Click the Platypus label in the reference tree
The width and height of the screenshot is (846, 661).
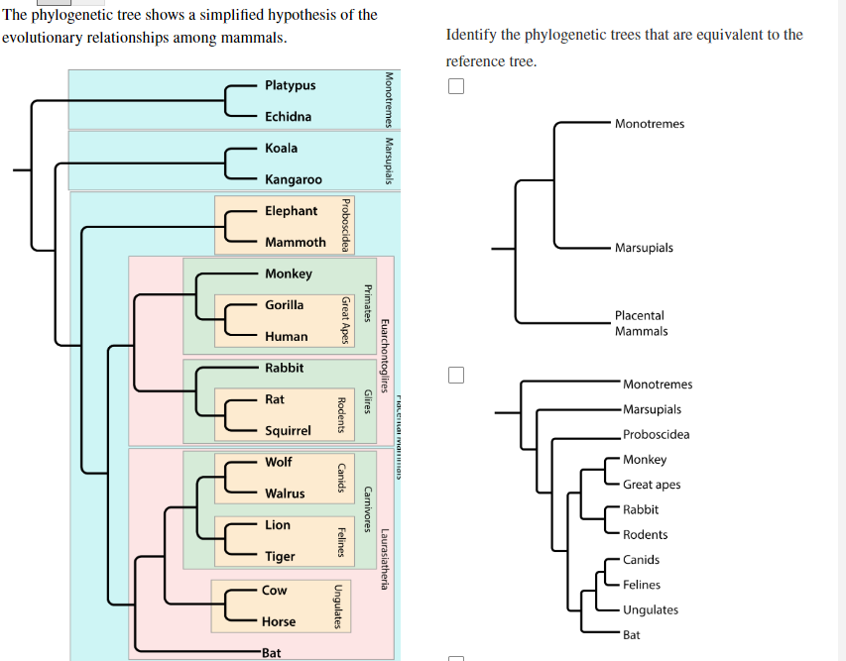[290, 85]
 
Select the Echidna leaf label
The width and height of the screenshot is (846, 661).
[288, 117]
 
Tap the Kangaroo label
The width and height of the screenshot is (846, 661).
[293, 179]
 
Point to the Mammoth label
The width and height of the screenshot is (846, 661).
[295, 242]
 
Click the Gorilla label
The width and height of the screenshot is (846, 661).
[284, 305]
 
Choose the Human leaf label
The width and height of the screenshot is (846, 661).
[286, 337]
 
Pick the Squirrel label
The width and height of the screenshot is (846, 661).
[288, 431]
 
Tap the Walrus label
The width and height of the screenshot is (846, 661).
[285, 494]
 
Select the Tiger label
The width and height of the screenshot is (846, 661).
[280, 557]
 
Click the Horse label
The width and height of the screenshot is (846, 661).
[279, 622]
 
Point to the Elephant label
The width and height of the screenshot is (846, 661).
[291, 211]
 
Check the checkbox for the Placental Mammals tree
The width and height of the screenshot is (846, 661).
[455, 85]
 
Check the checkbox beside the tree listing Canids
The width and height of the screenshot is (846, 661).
[455, 376]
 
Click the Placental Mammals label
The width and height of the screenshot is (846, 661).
[641, 323]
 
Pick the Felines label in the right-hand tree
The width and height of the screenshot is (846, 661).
[642, 585]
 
